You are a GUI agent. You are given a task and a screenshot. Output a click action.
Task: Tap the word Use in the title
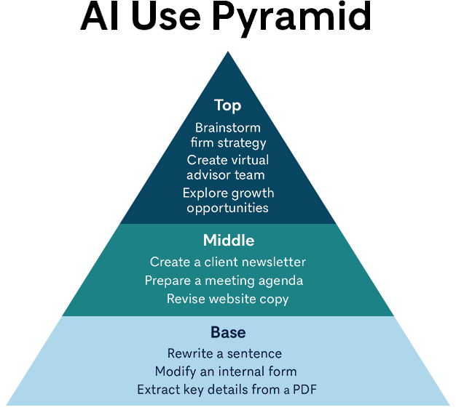[x=166, y=16]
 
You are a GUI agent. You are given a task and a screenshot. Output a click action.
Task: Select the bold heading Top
[x=228, y=105]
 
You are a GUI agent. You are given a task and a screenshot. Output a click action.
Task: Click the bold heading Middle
[x=229, y=241]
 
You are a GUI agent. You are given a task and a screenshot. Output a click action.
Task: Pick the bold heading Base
[x=228, y=332]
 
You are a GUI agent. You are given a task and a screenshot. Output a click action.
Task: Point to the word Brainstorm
[x=228, y=128]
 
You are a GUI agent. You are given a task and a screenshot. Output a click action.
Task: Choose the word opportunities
[x=227, y=209]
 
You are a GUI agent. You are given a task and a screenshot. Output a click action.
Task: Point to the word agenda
[x=280, y=281]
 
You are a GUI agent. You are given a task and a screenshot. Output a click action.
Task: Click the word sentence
[x=254, y=354]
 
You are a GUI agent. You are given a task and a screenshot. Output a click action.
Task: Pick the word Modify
[x=176, y=372]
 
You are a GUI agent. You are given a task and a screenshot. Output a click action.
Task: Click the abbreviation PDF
[x=304, y=390]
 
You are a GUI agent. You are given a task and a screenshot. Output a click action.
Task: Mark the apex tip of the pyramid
[x=228, y=52]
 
